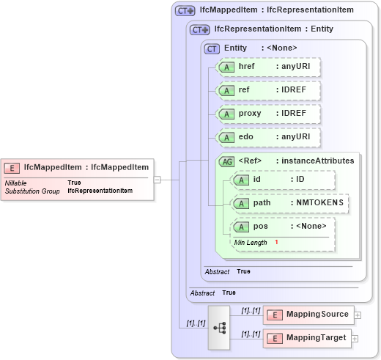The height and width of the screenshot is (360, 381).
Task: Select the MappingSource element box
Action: (x=308, y=315)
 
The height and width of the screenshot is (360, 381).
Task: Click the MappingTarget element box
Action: (x=308, y=338)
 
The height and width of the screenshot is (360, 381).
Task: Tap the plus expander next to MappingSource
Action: (x=358, y=315)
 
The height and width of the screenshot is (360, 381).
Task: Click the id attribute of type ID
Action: (x=282, y=179)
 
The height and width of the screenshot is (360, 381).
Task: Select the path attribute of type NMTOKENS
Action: (x=289, y=202)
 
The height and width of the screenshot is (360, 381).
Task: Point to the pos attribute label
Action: (x=261, y=227)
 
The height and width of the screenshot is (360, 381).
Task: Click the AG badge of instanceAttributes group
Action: (x=227, y=161)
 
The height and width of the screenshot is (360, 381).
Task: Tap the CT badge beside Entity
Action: (x=212, y=48)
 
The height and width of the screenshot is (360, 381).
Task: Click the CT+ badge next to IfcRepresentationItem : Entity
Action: (x=199, y=29)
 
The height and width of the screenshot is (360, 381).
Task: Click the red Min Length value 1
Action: (x=277, y=243)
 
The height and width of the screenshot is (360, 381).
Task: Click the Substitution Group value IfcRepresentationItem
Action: (x=100, y=191)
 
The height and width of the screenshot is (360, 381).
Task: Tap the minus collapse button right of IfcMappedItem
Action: (x=157, y=178)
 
